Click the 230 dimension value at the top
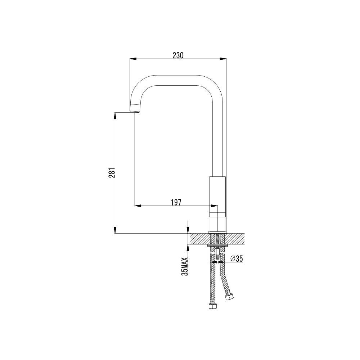pyautogui.click(x=178, y=55)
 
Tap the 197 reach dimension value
pyautogui.click(x=176, y=202)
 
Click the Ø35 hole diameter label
pyautogui.click(x=236, y=259)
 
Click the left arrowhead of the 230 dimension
pyautogui.click(x=133, y=59)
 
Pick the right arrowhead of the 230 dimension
pyautogui.click(x=223, y=59)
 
